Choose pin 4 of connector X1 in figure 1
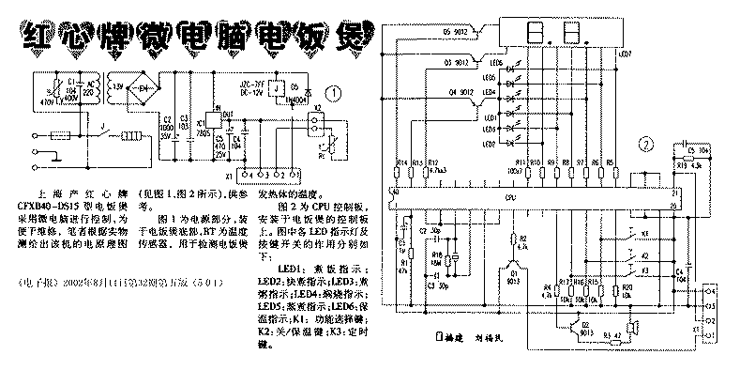[x=246, y=176]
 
